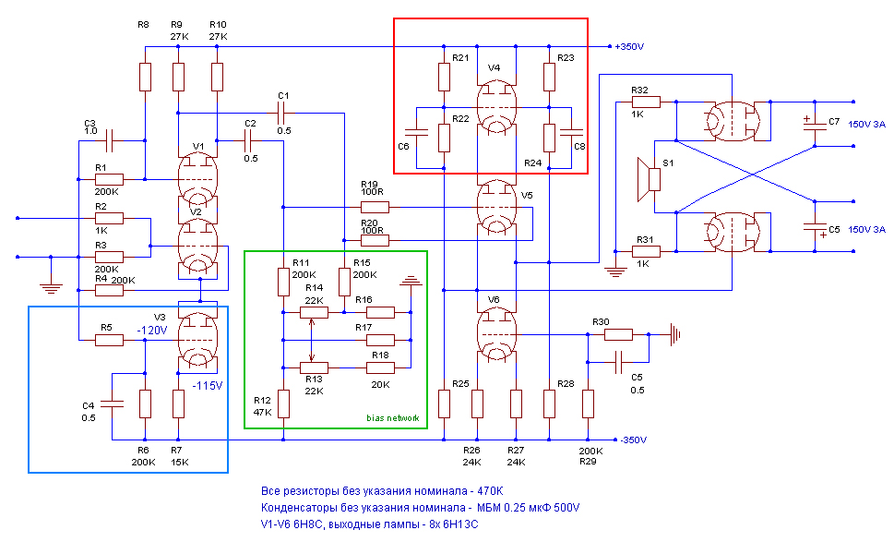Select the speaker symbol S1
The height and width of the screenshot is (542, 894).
coord(649,179)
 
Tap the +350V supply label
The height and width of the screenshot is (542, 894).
coord(629,47)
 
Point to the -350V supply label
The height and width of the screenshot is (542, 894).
coord(633,440)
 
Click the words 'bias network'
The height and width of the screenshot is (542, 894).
coord(393,418)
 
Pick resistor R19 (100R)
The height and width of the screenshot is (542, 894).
coord(375,207)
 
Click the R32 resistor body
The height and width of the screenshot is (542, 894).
coord(646,102)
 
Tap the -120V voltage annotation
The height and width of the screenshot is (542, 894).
coord(151,331)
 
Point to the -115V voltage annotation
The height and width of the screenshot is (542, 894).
coord(208,386)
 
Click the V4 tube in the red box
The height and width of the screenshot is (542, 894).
coord(496,107)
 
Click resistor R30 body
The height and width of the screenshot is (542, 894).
coord(618,335)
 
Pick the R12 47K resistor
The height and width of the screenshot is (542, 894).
coord(283,403)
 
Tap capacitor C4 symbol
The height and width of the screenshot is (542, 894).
coord(112,403)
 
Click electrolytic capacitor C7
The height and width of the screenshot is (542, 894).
coord(815,124)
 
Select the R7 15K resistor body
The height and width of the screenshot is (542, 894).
coord(178,403)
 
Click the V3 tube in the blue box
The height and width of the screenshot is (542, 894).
coord(197,339)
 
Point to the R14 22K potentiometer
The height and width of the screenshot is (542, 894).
coord(314,313)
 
